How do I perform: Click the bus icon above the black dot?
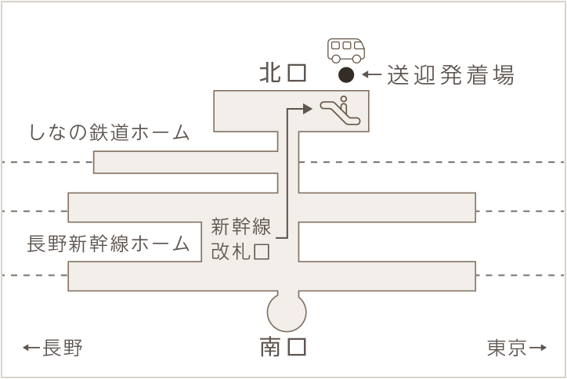click(x=346, y=51)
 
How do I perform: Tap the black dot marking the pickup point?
click(x=346, y=75)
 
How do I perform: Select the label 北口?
click(x=283, y=73)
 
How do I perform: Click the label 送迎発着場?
click(x=450, y=75)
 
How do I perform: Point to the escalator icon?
click(x=340, y=110)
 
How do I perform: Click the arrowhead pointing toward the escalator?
click(x=307, y=109)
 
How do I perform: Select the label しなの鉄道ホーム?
click(x=109, y=132)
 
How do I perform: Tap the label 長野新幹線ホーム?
click(x=109, y=244)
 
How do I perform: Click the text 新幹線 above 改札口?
click(x=241, y=227)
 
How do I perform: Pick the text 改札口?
click(x=241, y=251)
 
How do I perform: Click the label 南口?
click(x=283, y=347)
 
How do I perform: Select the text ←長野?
click(x=52, y=348)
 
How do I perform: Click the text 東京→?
click(x=517, y=348)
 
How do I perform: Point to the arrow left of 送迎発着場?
click(x=372, y=74)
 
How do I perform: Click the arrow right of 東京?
click(x=538, y=348)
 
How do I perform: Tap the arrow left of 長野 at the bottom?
click(x=31, y=348)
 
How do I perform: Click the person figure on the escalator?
click(x=344, y=104)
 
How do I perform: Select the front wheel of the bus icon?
click(x=357, y=59)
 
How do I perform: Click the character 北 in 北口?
click(x=270, y=73)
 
